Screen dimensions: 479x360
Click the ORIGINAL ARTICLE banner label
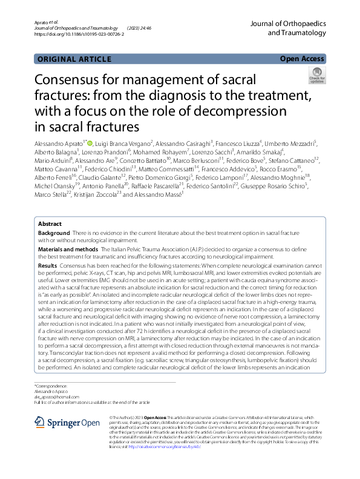pos(74,59)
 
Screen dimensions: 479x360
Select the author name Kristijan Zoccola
pos(94,194)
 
